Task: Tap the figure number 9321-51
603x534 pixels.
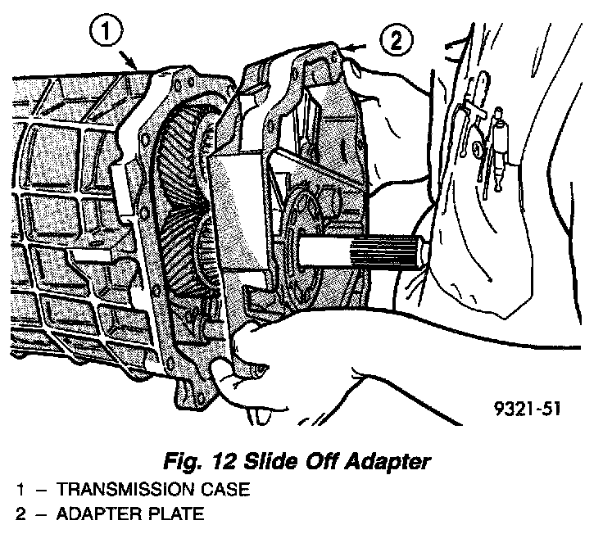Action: (x=527, y=407)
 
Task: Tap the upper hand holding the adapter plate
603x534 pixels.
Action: (x=385, y=90)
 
